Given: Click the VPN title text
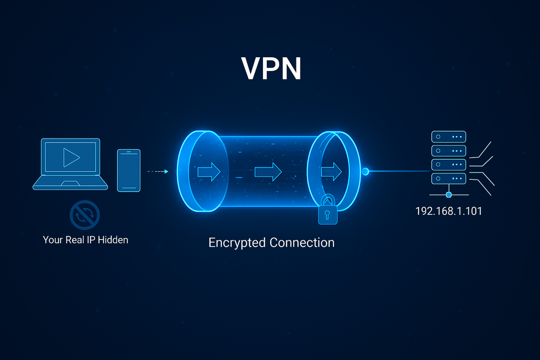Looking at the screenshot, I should click(x=271, y=69).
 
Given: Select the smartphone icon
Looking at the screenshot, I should click(x=129, y=170).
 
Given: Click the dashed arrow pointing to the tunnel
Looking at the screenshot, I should click(x=158, y=172).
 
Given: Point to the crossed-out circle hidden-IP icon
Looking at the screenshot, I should click(x=85, y=215).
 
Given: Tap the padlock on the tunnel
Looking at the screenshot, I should click(x=328, y=213).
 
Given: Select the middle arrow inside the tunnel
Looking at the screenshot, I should click(x=268, y=172).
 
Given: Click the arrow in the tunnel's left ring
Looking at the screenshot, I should click(x=209, y=172).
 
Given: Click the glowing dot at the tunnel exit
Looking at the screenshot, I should click(x=365, y=172).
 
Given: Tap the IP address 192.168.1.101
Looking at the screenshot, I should click(x=449, y=211).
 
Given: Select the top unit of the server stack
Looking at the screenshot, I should click(x=449, y=137).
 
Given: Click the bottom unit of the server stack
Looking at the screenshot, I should click(x=449, y=179).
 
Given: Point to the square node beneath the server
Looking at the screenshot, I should click(x=449, y=195).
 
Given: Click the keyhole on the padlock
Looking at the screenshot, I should click(x=327, y=215).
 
